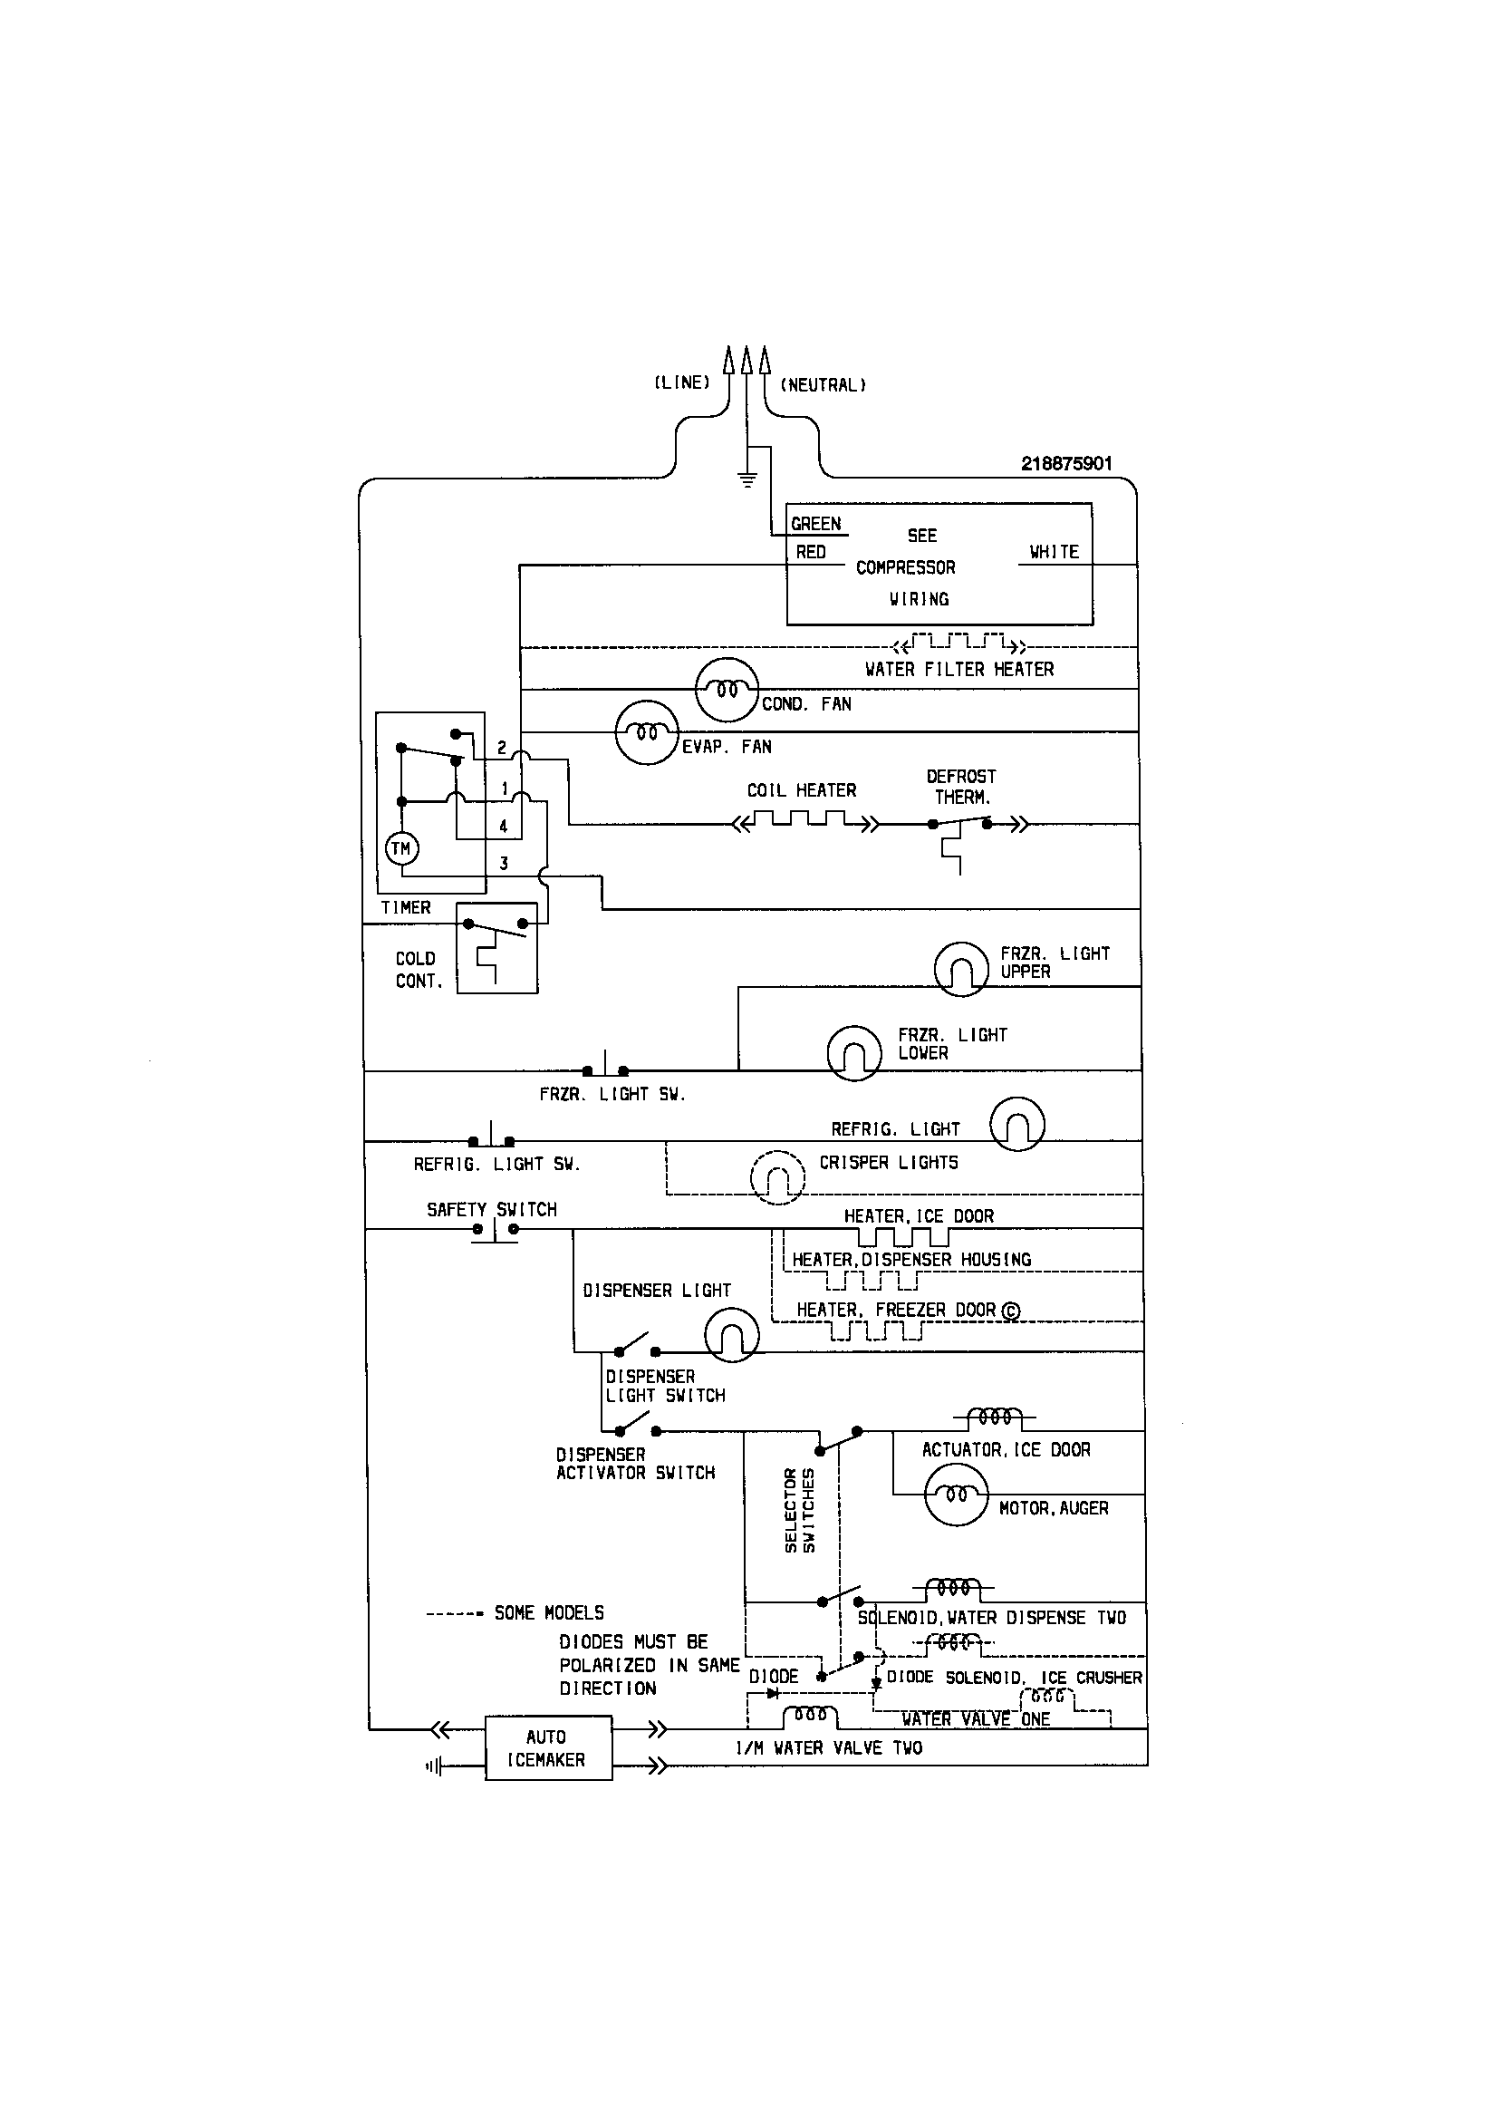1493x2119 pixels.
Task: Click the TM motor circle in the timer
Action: pyautogui.click(x=401, y=848)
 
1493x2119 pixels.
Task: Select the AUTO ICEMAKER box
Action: pyautogui.click(x=548, y=1748)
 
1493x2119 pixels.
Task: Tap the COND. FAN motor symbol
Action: pyautogui.click(x=727, y=690)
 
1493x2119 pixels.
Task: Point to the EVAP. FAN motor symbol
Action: pyautogui.click(x=647, y=733)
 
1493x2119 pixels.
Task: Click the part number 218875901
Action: pyautogui.click(x=1065, y=464)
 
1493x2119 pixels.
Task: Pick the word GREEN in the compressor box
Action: pyautogui.click(x=815, y=524)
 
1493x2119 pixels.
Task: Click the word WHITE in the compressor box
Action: pyautogui.click(x=1054, y=552)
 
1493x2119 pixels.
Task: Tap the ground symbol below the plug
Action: pyautogui.click(x=746, y=479)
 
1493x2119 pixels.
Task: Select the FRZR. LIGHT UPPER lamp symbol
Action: pyautogui.click(x=961, y=969)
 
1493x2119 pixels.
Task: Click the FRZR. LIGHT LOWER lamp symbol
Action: pyautogui.click(x=854, y=1053)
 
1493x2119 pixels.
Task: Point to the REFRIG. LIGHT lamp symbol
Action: pyautogui.click(x=1016, y=1123)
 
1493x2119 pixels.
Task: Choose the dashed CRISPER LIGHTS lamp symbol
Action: pyautogui.click(x=777, y=1176)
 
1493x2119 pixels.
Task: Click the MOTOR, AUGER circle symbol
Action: pyautogui.click(x=956, y=1495)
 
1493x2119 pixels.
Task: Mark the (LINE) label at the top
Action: pyautogui.click(x=682, y=383)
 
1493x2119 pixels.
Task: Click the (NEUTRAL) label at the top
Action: pyautogui.click(x=824, y=385)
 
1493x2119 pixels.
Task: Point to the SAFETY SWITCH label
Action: pyautogui.click(x=491, y=1209)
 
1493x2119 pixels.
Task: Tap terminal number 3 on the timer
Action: pyautogui.click(x=504, y=864)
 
